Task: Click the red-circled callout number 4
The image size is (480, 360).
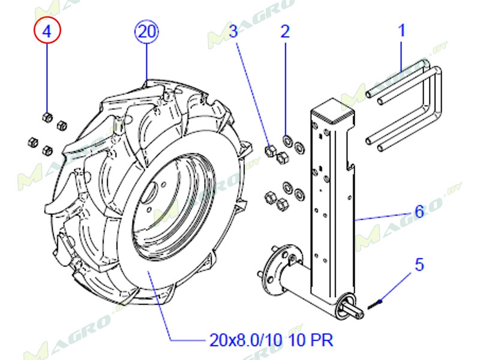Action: point(47,31)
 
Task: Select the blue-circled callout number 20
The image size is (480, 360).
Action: point(147,31)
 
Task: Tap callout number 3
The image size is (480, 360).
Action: point(233,32)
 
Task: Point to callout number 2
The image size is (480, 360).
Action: point(285,32)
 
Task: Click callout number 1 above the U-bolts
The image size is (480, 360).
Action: point(401,31)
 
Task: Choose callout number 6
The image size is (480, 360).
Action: point(419,212)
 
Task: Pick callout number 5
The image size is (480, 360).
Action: point(419,265)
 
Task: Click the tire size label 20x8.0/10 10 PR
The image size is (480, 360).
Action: point(271,340)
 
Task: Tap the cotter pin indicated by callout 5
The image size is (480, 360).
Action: point(375,305)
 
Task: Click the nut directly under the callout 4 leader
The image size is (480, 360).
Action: point(47,117)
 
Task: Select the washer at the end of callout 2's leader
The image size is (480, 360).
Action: point(287,140)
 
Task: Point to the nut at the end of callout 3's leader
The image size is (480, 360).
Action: point(269,151)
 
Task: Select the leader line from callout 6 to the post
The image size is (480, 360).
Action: point(383,217)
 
